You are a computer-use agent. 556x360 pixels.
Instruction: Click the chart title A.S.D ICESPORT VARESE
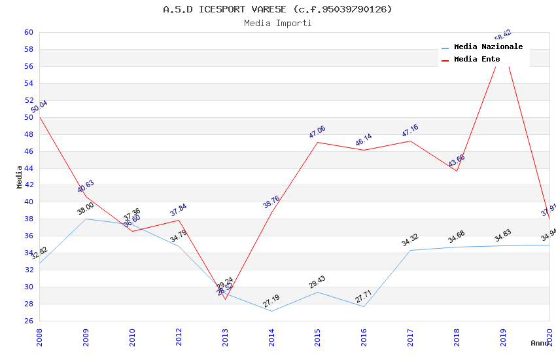tap(277, 9)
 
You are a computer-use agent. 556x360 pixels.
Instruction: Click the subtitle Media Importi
tap(277, 23)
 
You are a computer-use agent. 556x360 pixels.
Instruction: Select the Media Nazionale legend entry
tap(488, 46)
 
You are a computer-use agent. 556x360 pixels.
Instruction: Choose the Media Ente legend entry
tap(477, 59)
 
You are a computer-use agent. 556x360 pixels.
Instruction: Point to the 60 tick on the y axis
tap(29, 32)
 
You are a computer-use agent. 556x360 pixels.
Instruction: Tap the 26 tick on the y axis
tap(29, 321)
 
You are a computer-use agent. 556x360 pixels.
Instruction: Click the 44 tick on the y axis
tap(29, 168)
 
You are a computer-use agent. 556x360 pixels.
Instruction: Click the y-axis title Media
tap(20, 177)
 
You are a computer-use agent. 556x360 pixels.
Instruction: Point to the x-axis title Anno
tap(540, 343)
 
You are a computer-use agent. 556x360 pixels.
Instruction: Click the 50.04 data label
tap(39, 107)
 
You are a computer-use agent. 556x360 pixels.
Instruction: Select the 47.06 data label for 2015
tap(317, 132)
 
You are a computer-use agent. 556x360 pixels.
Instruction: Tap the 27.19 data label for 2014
tap(271, 301)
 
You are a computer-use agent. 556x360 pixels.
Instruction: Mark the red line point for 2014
tap(271, 212)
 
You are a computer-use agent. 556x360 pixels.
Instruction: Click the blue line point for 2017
tap(410, 250)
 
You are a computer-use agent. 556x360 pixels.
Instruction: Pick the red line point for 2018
tap(457, 171)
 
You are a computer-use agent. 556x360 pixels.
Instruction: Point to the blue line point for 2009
tap(86, 219)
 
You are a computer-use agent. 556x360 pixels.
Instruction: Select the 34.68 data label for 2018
tap(456, 237)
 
